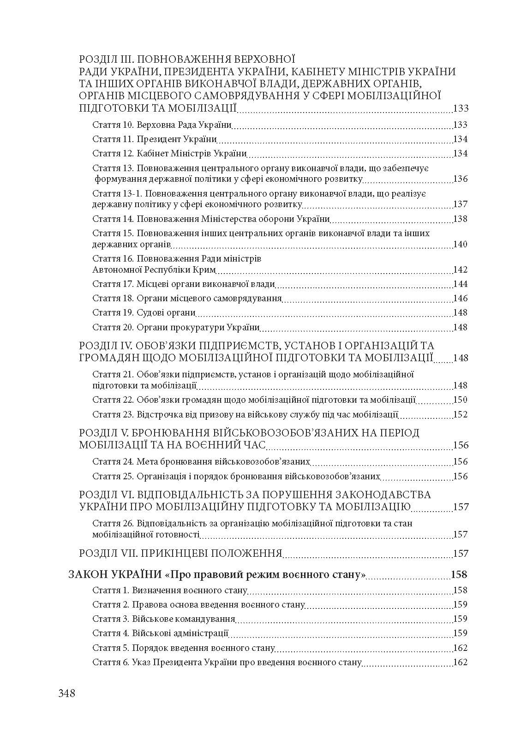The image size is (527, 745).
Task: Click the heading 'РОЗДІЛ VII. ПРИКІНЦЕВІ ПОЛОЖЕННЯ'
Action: point(180,553)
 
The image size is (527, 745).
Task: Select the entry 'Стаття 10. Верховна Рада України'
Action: point(162,125)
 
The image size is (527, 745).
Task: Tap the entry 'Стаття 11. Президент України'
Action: point(155,139)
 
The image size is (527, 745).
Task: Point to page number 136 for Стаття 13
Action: point(461,179)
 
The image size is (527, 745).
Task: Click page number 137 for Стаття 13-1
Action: point(461,204)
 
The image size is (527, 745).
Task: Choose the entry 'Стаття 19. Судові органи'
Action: point(144,313)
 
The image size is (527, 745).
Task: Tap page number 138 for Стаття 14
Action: point(461,219)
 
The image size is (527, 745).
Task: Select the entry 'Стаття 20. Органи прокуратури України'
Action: point(176,328)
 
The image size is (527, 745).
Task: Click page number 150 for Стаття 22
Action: point(461,400)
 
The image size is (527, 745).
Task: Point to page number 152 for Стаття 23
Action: point(461,414)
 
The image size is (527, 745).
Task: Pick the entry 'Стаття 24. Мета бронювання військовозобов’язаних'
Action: point(201,462)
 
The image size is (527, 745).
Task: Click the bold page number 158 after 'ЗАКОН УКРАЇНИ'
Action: point(459,575)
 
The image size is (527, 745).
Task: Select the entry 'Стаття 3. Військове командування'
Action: point(164,619)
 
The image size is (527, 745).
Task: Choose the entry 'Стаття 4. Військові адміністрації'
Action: point(161,633)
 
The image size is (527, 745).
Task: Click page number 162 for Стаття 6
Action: point(461,662)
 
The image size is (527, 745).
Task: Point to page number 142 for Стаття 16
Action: point(461,270)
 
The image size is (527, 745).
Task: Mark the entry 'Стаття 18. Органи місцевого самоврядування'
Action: point(187,298)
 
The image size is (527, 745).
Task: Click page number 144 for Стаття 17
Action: point(461,284)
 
